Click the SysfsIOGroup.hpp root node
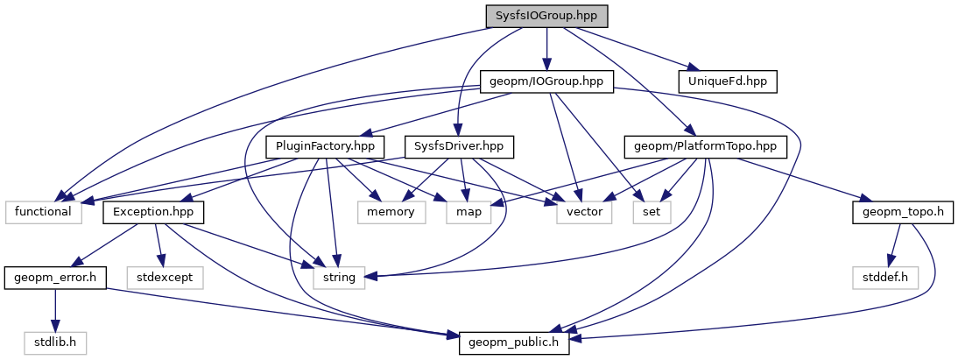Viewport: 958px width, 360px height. [x=546, y=17]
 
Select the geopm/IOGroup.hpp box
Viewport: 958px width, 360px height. [x=547, y=81]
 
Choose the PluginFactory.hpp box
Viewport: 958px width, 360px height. [x=325, y=146]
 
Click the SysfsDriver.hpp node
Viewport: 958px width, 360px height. [x=459, y=146]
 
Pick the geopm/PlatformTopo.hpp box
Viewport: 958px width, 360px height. [x=705, y=146]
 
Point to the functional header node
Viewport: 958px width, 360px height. [x=44, y=211]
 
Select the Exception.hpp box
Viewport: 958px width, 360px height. [x=154, y=211]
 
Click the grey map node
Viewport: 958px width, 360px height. [x=464, y=211]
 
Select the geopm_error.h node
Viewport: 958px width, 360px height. [x=54, y=278]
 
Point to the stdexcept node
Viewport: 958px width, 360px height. [x=166, y=278]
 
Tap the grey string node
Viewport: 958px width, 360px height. [x=339, y=278]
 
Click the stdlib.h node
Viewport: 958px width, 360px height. [x=54, y=342]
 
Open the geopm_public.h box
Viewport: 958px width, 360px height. [x=515, y=342]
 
